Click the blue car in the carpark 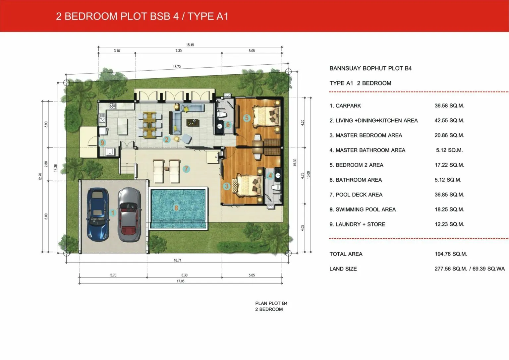coord(98,214)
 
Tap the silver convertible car coord(129,214)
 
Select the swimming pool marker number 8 coord(176,208)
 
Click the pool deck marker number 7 coord(186,169)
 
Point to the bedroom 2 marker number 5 coord(247,118)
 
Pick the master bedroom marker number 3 coord(227,186)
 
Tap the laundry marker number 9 coord(102,143)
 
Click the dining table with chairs coord(150,125)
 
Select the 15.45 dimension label coord(190,45)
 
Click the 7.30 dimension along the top coord(178,51)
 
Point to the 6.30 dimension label coord(184,275)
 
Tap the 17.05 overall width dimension coord(180,281)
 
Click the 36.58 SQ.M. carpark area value coord(449,106)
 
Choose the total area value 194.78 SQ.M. coord(451,254)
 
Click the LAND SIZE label coord(343,269)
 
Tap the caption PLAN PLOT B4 coord(271,303)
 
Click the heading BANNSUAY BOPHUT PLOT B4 coord(370,68)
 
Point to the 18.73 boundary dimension coord(177,67)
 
